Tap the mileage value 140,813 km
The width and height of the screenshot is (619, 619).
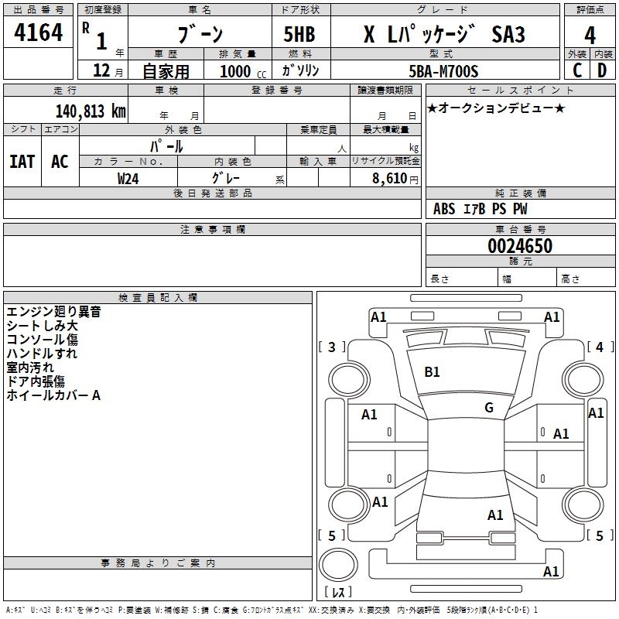tap(90, 111)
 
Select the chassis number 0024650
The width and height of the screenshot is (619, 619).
tap(521, 247)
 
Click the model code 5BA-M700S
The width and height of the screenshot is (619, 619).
tap(444, 71)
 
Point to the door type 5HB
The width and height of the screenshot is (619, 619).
tap(299, 35)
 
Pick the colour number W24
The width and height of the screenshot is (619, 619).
tap(128, 178)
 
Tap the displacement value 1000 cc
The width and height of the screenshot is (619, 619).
tap(241, 71)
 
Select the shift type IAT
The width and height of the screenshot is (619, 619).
tap(22, 162)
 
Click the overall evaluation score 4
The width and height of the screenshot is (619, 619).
tap(590, 35)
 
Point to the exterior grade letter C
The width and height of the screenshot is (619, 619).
tap(576, 71)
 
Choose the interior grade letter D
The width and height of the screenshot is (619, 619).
tap(602, 71)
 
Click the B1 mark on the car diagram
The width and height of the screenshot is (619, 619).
tap(432, 371)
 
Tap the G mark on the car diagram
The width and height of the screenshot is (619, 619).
tap(489, 407)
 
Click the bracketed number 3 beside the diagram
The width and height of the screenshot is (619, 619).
tap(332, 347)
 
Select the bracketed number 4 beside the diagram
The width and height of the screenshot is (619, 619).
tap(599, 347)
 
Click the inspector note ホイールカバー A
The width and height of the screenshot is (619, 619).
tap(53, 395)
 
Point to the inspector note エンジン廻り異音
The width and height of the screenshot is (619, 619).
tap(53, 312)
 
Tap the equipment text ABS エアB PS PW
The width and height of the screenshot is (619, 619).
tap(480, 209)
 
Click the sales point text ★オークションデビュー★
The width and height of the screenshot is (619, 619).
tap(495, 108)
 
